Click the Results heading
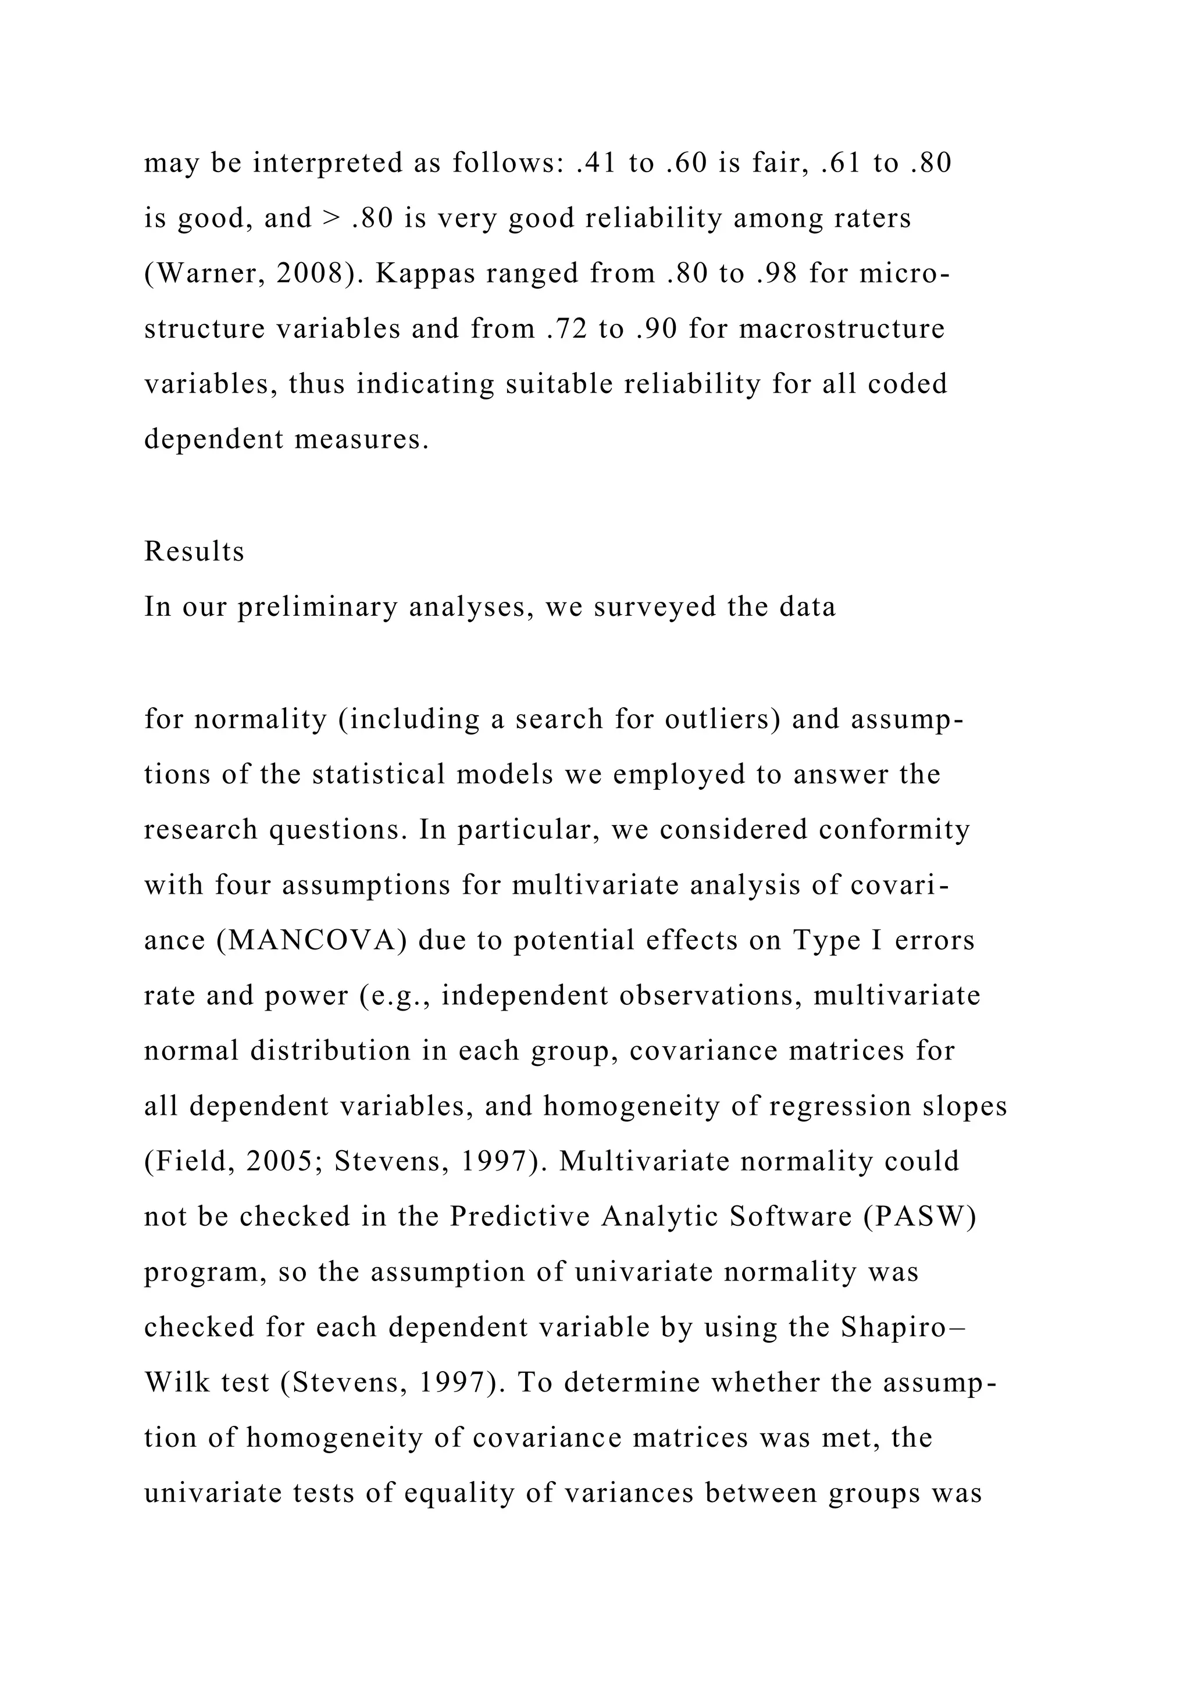pos(194,552)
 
